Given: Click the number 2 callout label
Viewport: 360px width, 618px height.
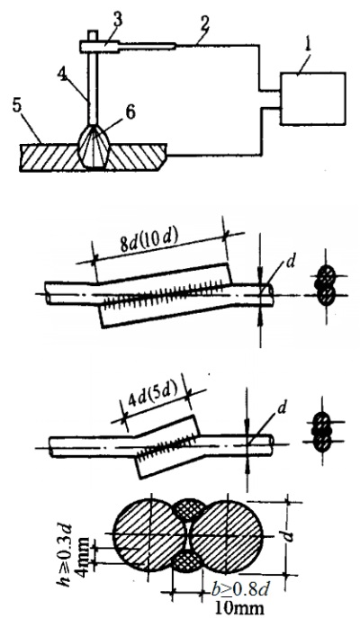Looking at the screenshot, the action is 204,26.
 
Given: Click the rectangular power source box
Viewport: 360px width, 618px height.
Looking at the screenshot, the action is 312,99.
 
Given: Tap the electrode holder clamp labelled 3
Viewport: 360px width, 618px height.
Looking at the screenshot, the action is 99,46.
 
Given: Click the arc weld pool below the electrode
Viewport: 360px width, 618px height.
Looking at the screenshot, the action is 94,147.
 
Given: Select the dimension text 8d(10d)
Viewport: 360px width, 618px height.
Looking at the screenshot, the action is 150,241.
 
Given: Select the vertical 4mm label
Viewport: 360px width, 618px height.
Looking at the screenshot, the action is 84,552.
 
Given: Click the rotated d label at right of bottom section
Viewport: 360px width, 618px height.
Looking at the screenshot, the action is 289,535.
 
